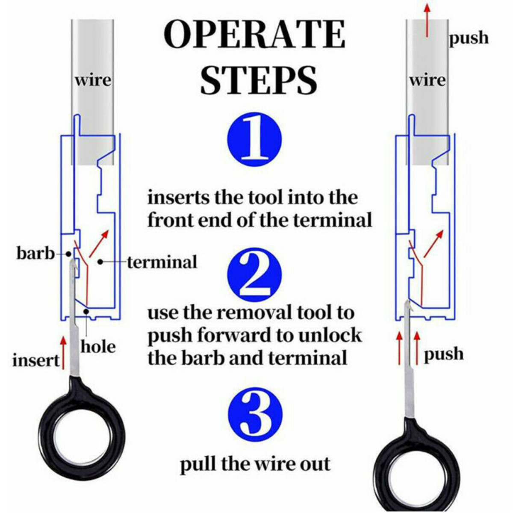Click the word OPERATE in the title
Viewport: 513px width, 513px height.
[x=255, y=34]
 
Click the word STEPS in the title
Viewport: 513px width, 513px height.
[x=259, y=80]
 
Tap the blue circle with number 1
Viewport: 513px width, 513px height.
[x=255, y=139]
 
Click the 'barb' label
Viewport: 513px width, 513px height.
[x=36, y=253]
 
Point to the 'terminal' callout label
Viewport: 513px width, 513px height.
[x=162, y=262]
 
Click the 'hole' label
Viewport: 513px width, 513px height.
[x=98, y=346]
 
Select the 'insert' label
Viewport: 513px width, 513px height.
[x=36, y=360]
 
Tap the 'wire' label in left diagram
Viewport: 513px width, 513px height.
[x=93, y=80]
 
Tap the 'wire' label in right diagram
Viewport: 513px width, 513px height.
[x=427, y=80]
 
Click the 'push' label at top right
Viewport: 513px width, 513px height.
[x=469, y=38]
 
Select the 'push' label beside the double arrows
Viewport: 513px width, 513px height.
[x=443, y=354]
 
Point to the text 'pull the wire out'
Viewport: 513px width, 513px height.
[x=255, y=464]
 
